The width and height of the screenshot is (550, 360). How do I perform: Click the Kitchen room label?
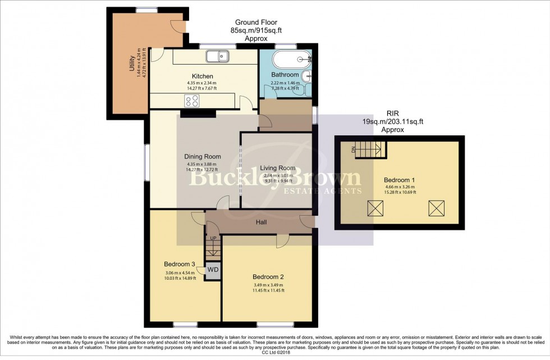202,76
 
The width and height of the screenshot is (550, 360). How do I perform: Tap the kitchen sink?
216,56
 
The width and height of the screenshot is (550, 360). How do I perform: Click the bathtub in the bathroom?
289,59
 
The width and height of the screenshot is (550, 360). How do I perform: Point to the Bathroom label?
285,75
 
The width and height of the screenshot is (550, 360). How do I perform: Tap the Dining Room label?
202,157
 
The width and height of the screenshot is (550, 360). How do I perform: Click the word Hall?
261,222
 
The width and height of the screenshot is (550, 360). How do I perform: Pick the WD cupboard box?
213,270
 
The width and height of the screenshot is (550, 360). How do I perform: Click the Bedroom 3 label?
180,264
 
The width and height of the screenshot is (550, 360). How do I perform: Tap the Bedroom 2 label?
268,277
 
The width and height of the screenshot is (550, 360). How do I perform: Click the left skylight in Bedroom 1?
375,208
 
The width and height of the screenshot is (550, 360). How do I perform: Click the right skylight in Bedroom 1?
436,208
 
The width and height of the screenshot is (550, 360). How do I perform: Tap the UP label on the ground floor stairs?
213,239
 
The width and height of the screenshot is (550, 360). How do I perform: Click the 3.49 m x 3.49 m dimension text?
268,285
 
